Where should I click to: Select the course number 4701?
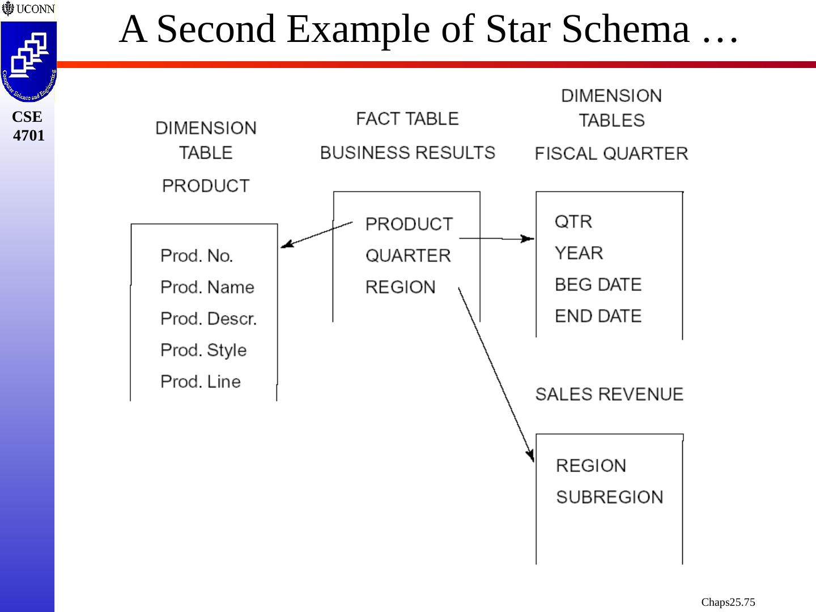tap(28, 136)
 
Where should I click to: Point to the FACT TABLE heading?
tap(407, 119)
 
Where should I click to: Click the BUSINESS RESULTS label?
tap(407, 153)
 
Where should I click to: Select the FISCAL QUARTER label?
tap(611, 154)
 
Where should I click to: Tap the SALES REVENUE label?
tap(609, 394)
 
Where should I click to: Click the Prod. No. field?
tap(197, 256)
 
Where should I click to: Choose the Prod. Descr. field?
tap(209, 319)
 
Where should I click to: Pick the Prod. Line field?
tap(201, 382)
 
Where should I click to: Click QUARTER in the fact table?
tap(408, 256)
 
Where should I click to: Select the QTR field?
tap(573, 222)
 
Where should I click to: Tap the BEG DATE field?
tap(598, 284)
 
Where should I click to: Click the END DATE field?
tap(598, 316)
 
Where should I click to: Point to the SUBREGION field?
tap(609, 498)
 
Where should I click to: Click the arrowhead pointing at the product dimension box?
tap(286, 245)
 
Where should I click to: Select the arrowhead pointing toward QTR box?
tap(528, 239)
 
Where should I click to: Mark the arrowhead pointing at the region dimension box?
tap(531, 455)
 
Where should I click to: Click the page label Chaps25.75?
tap(728, 602)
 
